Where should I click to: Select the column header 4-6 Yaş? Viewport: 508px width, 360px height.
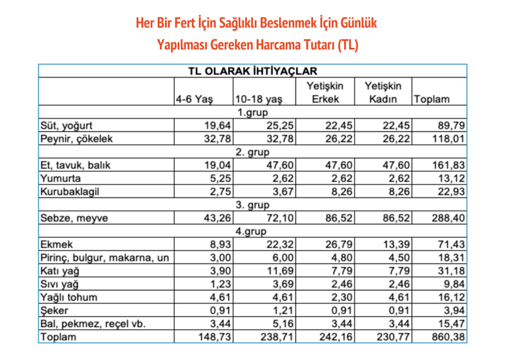click(194, 98)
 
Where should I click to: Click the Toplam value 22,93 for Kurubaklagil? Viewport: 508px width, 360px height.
click(451, 191)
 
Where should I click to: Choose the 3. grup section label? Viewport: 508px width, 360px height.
click(252, 204)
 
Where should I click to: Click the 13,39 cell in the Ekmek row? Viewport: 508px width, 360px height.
click(393, 244)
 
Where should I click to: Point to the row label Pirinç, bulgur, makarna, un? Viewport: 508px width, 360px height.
click(105, 258)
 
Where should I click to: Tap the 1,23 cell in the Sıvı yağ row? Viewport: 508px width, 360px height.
click(218, 284)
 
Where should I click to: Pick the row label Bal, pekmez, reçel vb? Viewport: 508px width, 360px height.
click(90, 324)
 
